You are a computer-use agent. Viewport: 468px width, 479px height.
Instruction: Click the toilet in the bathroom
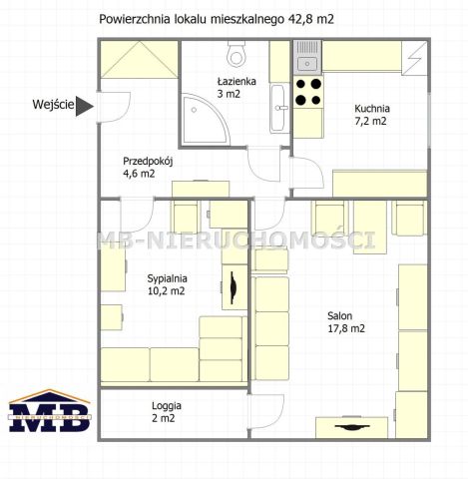[236, 53]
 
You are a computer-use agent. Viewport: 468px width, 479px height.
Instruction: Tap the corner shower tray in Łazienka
[204, 119]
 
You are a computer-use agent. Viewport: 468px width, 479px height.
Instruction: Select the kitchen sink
[307, 57]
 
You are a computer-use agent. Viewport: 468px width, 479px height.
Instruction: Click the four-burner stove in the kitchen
[308, 92]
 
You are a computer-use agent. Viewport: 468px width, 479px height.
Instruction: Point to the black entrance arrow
[85, 106]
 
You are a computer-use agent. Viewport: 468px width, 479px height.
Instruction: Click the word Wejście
[53, 105]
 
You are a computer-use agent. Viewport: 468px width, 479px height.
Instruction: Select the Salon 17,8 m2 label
[346, 322]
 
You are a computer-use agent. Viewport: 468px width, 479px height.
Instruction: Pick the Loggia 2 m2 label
[167, 412]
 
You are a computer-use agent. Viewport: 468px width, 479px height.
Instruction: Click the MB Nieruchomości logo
[49, 410]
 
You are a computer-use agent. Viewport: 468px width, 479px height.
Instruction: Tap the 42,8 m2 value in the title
[310, 19]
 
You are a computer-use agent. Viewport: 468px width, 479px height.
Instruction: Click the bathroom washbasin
[278, 109]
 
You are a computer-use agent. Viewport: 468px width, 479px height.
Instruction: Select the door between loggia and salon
[265, 412]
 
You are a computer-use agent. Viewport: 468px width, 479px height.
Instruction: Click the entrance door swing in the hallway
[114, 108]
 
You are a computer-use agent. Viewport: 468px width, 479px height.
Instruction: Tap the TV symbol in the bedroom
[234, 287]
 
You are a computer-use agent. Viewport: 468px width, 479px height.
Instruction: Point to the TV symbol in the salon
[352, 427]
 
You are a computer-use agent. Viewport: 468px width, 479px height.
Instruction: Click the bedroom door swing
[137, 215]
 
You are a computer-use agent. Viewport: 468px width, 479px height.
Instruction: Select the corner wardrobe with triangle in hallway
[140, 60]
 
